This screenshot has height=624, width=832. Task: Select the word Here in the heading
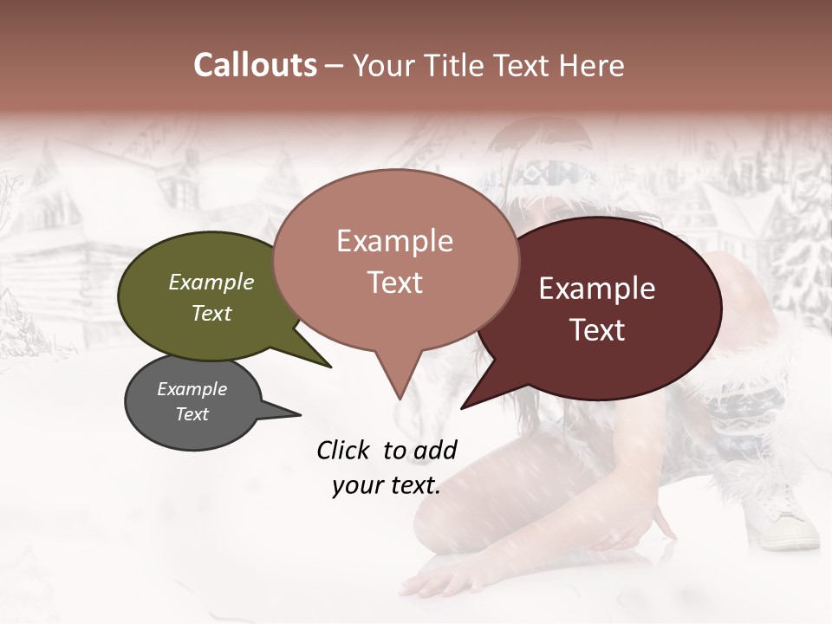click(x=593, y=65)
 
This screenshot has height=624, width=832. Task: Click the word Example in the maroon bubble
click(x=597, y=289)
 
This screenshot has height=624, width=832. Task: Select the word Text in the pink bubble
click(x=395, y=283)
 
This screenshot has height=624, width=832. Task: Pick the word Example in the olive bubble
click(x=211, y=283)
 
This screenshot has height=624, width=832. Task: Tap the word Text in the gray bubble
click(x=192, y=414)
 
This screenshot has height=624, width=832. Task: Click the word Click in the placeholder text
click(x=344, y=450)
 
